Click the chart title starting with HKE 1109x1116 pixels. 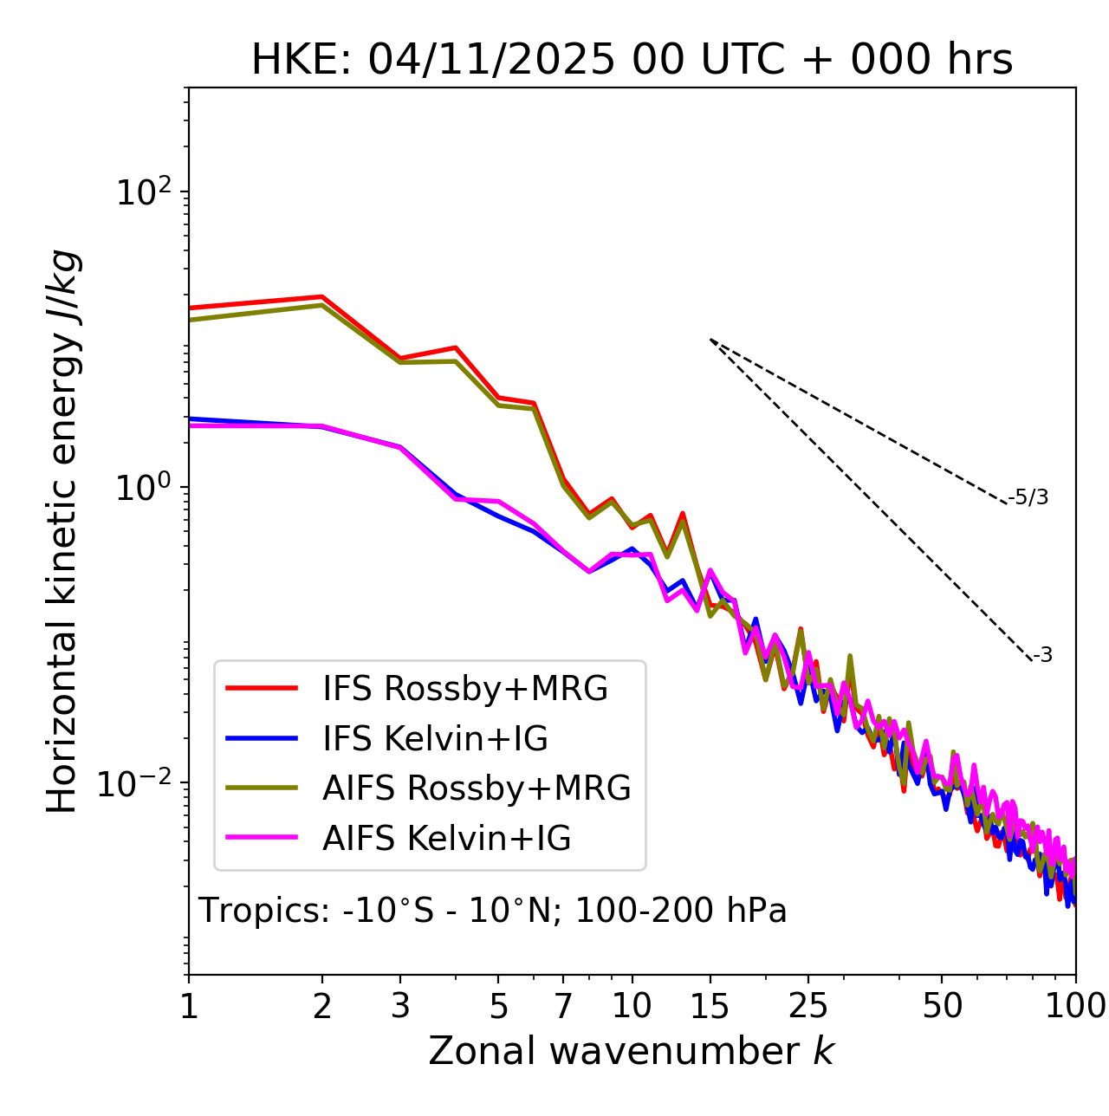pos(632,60)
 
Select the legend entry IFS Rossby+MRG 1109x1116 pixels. pos(464,689)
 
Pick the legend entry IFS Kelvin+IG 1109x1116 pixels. pos(435,738)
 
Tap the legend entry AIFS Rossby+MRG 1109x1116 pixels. pos(477,788)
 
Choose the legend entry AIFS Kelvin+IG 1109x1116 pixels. pos(446,838)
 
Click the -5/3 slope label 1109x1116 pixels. pos(1028,497)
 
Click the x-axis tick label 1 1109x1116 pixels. pos(189,1006)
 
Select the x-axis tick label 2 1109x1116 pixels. pos(322,1006)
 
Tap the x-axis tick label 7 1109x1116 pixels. pos(564,1006)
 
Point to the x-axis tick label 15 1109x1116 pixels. pos(710,1006)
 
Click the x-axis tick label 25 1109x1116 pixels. pos(808,1006)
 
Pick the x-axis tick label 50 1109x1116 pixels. pos(942,1006)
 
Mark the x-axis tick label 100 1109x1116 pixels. pos(1074,1006)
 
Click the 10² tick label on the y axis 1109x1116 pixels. pos(144,191)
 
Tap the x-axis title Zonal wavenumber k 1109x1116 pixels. pos(632,1051)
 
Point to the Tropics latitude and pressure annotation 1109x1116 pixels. pos(493,911)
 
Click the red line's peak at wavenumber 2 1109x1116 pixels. pos(322,296)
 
